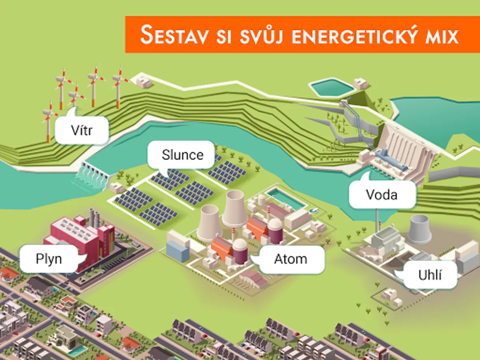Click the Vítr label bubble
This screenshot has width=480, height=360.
(82, 130)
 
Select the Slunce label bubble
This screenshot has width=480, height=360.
(182, 155)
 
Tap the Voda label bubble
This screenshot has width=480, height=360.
(382, 195)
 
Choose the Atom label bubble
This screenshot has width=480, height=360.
(291, 259)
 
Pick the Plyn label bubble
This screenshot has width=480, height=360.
(49, 259)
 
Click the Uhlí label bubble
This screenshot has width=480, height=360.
(430, 275)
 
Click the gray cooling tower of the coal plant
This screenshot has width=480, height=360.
(419, 229)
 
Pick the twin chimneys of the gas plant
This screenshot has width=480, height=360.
(94, 218)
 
